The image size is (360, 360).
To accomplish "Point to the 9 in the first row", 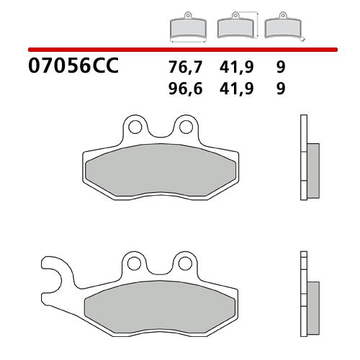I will (x=279, y=68).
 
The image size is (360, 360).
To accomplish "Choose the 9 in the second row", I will (x=279, y=89).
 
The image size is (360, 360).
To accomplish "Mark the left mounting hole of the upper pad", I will (x=134, y=128).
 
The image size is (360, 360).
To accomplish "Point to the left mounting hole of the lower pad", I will (x=134, y=263).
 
